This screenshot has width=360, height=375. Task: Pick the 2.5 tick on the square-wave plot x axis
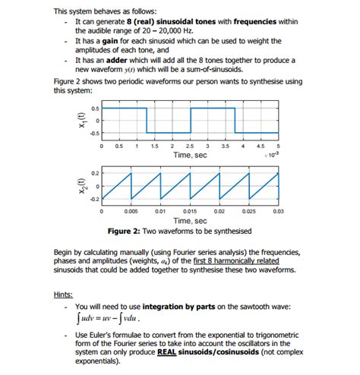(x=189, y=146)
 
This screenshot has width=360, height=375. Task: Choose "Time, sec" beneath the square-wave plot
(x=190, y=155)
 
